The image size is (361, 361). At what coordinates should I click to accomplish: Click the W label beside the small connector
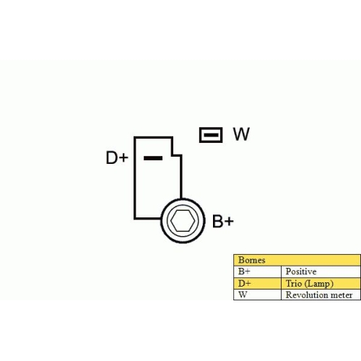pyautogui.click(x=241, y=134)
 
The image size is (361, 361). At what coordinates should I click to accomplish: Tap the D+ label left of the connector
pyautogui.click(x=117, y=157)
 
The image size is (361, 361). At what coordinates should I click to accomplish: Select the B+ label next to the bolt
pyautogui.click(x=223, y=221)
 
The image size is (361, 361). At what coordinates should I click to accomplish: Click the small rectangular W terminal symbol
pyautogui.click(x=211, y=135)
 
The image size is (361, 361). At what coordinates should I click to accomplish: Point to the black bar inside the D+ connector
pyautogui.click(x=153, y=158)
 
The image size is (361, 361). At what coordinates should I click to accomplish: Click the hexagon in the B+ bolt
pyautogui.click(x=183, y=221)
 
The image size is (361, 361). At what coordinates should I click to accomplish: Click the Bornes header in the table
pyautogui.click(x=252, y=260)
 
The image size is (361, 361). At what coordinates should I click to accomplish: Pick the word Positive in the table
pyautogui.click(x=301, y=271)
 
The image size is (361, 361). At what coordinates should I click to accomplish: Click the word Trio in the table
pyautogui.click(x=294, y=283)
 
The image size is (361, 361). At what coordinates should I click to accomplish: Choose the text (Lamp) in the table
pyautogui.click(x=319, y=284)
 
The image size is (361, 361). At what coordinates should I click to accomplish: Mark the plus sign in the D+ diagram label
pyautogui.click(x=123, y=158)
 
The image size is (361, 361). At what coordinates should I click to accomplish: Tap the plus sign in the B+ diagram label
pyautogui.click(x=229, y=221)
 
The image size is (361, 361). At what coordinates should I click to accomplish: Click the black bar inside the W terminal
pyautogui.click(x=211, y=135)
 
